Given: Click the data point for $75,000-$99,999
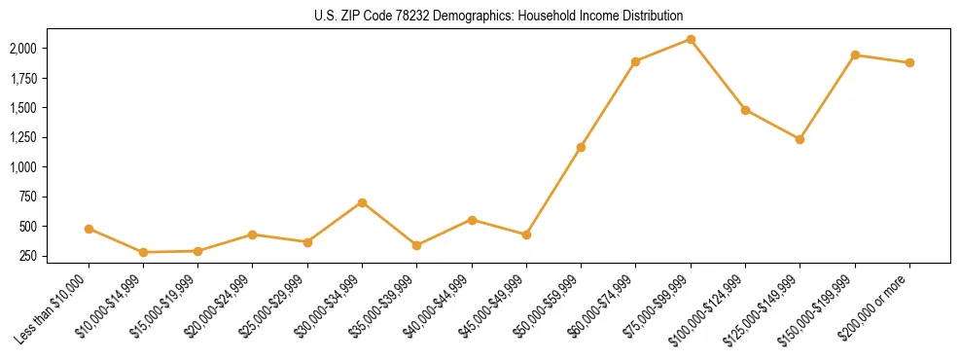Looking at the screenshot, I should pyautogui.click(x=691, y=39).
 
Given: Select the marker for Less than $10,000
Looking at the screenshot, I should pyautogui.click(x=89, y=229).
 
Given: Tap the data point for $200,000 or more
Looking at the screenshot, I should pyautogui.click(x=909, y=62).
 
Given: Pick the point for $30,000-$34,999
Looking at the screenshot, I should pyautogui.click(x=362, y=202).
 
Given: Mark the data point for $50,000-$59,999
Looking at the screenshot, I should pyautogui.click(x=581, y=147).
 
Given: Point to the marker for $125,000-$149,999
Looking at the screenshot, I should pyautogui.click(x=800, y=139).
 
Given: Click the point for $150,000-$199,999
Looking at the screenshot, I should pyautogui.click(x=855, y=54).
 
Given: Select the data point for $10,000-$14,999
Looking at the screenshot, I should pyautogui.click(x=143, y=252).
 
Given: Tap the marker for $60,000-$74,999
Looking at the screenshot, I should pyautogui.click(x=635, y=61).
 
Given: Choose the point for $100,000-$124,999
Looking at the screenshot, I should pyautogui.click(x=745, y=110).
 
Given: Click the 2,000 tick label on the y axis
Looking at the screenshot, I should pyautogui.click(x=22, y=48).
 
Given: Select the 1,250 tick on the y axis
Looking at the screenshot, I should pyautogui.click(x=22, y=137).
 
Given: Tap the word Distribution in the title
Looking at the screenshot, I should pyautogui.click(x=652, y=16).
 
